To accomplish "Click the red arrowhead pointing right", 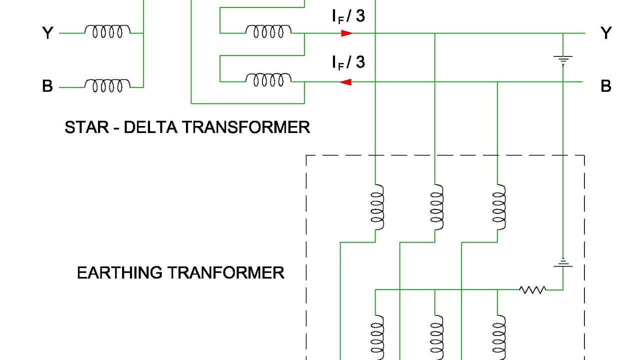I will (x=346, y=33).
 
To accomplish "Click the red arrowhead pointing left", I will (x=345, y=82).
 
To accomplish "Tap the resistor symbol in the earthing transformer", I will (x=532, y=289).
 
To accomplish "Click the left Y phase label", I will (x=47, y=33).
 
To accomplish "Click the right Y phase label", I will (x=606, y=33).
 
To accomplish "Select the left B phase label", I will (x=47, y=86).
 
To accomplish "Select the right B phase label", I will (x=606, y=86).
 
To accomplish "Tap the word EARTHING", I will (x=119, y=273).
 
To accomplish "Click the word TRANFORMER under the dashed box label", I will (x=225, y=273).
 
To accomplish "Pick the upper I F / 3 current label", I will (x=348, y=16).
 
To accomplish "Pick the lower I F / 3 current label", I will (x=348, y=62).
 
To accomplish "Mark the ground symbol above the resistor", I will (x=563, y=263).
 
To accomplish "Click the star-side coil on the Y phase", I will (x=107, y=32).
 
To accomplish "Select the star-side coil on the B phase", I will (x=107, y=85).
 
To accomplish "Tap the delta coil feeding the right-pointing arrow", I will (x=268, y=32).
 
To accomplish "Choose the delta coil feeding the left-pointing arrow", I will (x=268, y=80).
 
